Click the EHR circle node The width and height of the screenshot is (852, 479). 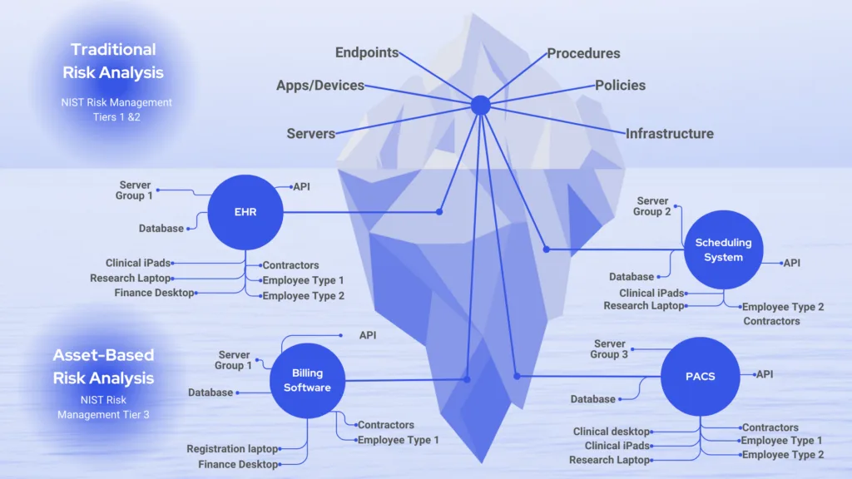[245, 212]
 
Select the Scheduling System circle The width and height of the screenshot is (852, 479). [723, 249]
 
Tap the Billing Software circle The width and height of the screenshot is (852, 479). [307, 381]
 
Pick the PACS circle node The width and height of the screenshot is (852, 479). [700, 376]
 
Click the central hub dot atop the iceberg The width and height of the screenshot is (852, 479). [480, 106]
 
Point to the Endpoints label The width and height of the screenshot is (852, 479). [367, 53]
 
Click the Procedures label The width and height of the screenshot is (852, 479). [583, 53]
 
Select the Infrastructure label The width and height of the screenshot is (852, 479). [669, 133]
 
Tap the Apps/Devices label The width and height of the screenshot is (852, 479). [320, 85]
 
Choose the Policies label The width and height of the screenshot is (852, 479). [620, 85]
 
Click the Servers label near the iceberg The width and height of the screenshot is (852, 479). [311, 133]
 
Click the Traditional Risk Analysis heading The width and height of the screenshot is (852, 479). [113, 61]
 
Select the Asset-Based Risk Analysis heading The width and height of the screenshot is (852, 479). [104, 367]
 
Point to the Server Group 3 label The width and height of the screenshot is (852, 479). [610, 349]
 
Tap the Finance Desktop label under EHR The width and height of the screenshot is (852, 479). [154, 293]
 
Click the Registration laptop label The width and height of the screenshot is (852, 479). [233, 449]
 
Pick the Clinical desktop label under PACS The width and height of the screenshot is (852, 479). [612, 432]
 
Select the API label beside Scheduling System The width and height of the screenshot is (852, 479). [792, 263]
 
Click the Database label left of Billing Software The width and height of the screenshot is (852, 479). [211, 393]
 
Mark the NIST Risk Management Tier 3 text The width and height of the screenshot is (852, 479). [103, 407]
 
